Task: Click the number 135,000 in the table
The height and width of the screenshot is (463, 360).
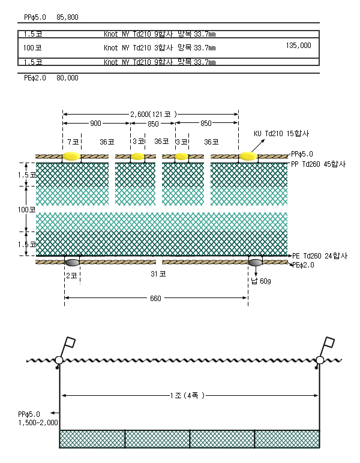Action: (x=298, y=46)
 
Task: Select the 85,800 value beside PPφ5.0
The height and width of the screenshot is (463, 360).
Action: (x=67, y=17)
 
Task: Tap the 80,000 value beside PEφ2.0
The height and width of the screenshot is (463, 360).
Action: (x=67, y=77)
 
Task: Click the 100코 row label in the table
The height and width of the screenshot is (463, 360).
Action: (x=32, y=47)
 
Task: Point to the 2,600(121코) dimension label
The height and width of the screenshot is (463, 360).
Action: (x=154, y=114)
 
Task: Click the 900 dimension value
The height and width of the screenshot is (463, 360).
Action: (x=95, y=123)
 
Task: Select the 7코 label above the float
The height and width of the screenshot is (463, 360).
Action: (x=73, y=142)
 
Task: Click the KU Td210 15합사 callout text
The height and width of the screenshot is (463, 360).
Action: (x=281, y=134)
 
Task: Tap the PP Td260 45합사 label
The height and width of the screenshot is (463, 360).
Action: (x=319, y=164)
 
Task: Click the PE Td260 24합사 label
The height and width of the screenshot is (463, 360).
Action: (x=320, y=255)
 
